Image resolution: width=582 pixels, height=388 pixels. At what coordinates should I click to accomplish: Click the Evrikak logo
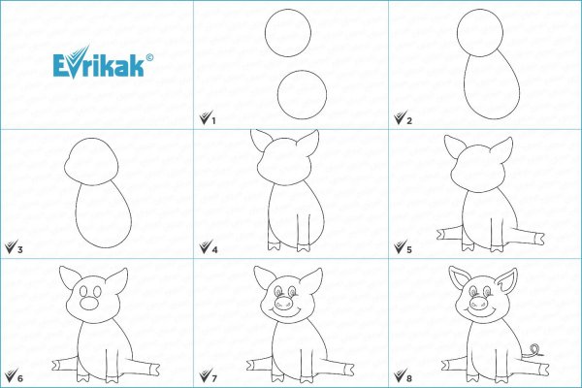point(99,63)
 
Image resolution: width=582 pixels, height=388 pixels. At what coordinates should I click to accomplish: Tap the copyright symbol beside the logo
point(149,57)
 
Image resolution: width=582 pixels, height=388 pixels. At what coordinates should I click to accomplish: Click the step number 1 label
point(213,120)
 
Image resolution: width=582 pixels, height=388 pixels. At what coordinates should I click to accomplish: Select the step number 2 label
point(409,120)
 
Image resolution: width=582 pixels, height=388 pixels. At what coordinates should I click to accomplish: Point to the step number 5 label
point(409,250)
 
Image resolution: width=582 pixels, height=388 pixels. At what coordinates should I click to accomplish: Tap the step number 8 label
point(409,378)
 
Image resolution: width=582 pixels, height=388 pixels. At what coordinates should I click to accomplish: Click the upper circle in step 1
point(288,33)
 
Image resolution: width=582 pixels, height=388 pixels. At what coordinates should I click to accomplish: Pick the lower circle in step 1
point(302,95)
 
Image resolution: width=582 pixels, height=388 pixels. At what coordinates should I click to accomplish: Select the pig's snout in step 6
point(89,304)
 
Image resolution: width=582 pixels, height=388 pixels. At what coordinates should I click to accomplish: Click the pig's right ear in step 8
point(507,282)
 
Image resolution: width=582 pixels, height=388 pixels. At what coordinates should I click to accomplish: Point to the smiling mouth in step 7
point(285,309)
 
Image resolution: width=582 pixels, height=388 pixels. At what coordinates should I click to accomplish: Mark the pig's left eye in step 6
point(83,291)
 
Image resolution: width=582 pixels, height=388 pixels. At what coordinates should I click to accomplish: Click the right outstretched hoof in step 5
point(537,238)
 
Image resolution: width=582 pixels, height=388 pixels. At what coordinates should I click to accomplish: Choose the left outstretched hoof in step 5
point(441,235)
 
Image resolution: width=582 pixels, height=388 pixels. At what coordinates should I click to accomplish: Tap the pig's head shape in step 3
point(92,162)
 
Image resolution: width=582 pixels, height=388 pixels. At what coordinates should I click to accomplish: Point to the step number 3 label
point(20,250)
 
